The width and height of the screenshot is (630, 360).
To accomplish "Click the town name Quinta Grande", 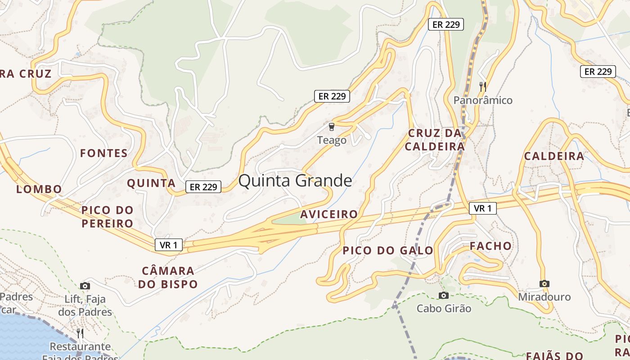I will pyautogui.click(x=295, y=180).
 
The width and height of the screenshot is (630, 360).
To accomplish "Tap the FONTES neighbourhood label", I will pyautogui.click(x=104, y=153).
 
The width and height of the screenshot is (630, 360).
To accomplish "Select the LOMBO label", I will pyautogui.click(x=39, y=189).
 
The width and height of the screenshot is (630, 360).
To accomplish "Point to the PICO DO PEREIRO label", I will pyautogui.click(x=107, y=217).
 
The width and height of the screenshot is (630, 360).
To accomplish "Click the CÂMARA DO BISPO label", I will pyautogui.click(x=168, y=278).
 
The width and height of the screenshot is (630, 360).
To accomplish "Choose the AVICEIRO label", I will pyautogui.click(x=329, y=214).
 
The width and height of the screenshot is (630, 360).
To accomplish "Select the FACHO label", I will pyautogui.click(x=490, y=246).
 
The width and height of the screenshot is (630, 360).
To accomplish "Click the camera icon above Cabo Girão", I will pyautogui.click(x=444, y=295).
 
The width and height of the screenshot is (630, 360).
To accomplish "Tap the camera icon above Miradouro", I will pyautogui.click(x=544, y=283).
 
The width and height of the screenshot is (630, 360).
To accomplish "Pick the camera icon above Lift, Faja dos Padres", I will pyautogui.click(x=85, y=286).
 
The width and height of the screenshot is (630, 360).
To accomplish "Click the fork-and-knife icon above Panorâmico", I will pyautogui.click(x=482, y=86).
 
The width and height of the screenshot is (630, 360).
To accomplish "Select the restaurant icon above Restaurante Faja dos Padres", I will pyautogui.click(x=80, y=333).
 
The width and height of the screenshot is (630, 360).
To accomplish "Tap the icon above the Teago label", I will pyautogui.click(x=332, y=127).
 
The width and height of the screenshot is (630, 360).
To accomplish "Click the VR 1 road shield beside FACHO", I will pyautogui.click(x=482, y=208).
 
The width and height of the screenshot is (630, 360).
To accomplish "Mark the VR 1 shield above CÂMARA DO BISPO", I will pyautogui.click(x=169, y=245).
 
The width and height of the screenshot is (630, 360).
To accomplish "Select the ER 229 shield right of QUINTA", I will pyautogui.click(x=203, y=187).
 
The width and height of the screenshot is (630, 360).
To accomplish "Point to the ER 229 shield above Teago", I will pyautogui.click(x=332, y=96).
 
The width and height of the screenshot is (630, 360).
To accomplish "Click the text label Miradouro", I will pyautogui.click(x=544, y=297).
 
